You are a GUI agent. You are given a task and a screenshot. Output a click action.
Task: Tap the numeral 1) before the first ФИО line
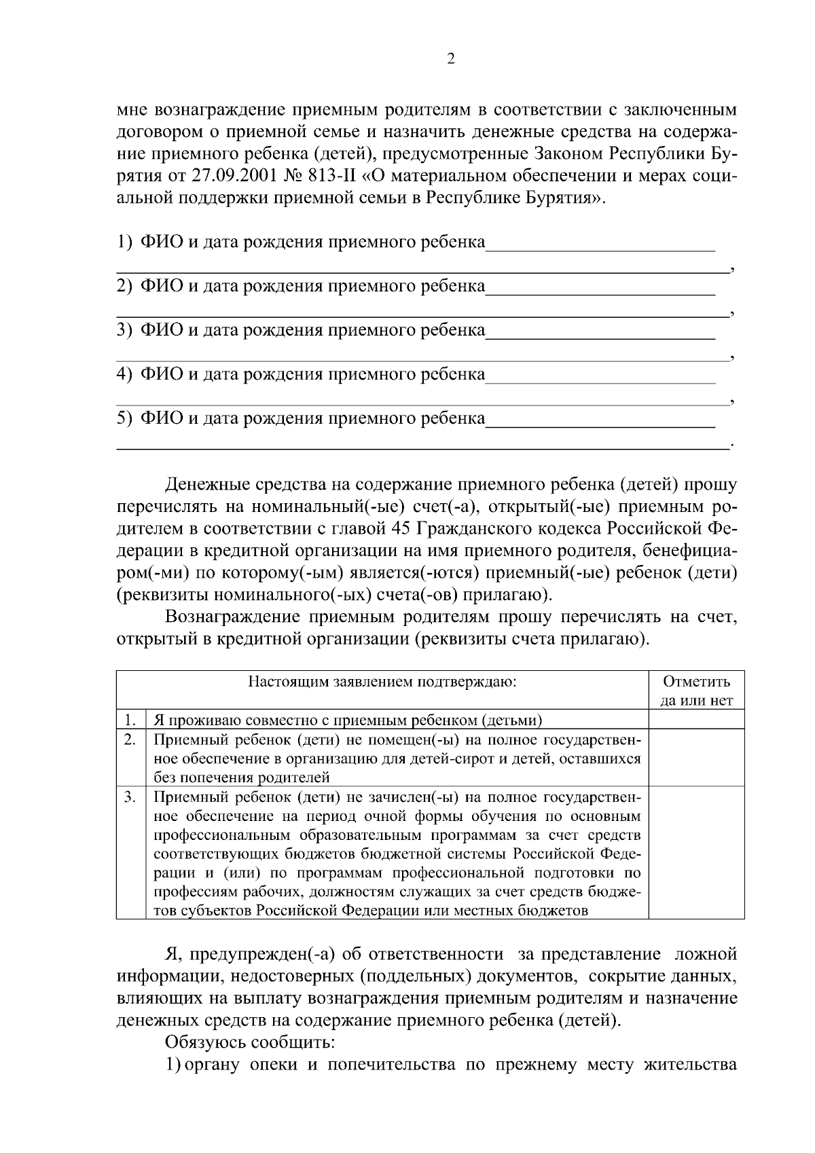[x=124, y=242]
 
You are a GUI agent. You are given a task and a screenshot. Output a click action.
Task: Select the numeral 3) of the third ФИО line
[x=124, y=331]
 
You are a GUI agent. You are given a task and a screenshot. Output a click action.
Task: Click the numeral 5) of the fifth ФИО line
[x=124, y=419]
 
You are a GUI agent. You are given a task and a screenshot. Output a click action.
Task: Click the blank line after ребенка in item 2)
[x=600, y=292]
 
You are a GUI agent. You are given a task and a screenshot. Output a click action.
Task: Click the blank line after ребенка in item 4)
[x=600, y=380]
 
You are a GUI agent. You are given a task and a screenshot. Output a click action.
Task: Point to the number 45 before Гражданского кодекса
[x=403, y=528]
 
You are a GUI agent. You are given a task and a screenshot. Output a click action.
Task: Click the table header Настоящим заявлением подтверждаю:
[x=382, y=682]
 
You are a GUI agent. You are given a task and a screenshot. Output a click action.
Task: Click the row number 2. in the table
[x=130, y=739]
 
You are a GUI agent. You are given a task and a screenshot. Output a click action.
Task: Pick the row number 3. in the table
[x=130, y=797]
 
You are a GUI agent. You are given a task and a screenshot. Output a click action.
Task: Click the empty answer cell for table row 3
[x=697, y=852]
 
